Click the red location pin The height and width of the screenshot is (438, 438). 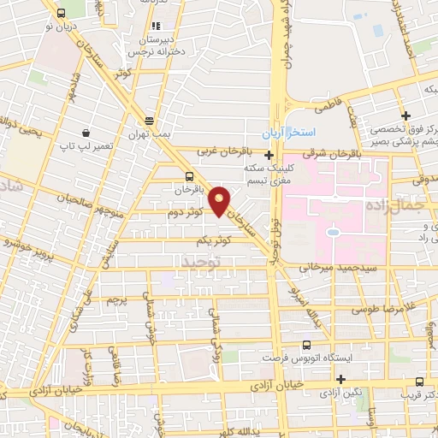pyautogui.click(x=220, y=199)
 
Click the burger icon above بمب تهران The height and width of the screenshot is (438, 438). pyautogui.click(x=150, y=121)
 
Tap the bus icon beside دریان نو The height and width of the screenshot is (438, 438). pyautogui.click(x=61, y=13)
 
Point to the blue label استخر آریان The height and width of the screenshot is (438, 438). pyautogui.click(x=289, y=133)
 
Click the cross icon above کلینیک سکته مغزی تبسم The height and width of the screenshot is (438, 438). pyautogui.click(x=269, y=156)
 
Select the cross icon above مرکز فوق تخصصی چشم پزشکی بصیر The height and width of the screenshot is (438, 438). pyautogui.click(x=407, y=115)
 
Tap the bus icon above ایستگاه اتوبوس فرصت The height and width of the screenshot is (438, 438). pyautogui.click(x=305, y=345)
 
